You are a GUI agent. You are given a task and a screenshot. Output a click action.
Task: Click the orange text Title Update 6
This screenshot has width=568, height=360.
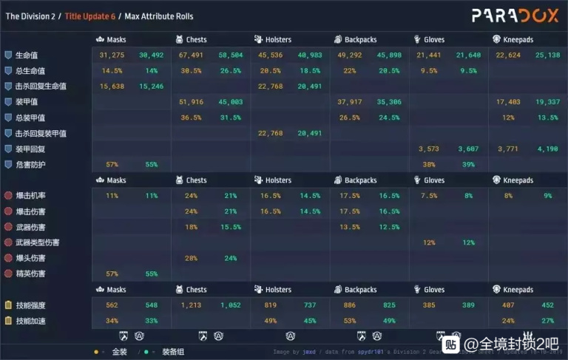point(89,16)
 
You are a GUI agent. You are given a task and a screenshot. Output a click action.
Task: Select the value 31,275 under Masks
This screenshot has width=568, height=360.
point(112,55)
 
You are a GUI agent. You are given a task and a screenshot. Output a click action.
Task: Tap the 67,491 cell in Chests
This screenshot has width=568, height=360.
point(192,55)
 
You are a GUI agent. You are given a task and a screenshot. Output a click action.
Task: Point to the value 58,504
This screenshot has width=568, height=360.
point(230,55)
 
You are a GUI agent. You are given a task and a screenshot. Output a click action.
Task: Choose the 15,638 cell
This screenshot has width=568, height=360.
point(112,86)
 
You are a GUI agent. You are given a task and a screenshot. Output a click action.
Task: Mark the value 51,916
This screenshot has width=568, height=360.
point(192,102)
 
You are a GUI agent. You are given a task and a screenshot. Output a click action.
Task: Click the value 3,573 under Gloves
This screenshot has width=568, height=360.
point(429,149)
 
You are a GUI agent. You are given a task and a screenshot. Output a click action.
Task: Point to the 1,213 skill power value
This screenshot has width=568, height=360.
point(192,305)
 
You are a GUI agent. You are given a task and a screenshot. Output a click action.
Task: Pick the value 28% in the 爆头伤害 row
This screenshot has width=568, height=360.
point(192,259)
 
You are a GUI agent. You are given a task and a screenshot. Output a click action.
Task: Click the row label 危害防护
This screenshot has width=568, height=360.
point(30,165)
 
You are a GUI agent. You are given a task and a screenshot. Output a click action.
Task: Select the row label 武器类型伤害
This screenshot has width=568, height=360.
point(38,242)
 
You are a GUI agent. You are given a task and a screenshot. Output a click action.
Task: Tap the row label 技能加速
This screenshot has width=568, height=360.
point(30,321)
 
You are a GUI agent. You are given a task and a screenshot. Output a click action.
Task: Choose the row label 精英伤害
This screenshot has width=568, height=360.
point(30,274)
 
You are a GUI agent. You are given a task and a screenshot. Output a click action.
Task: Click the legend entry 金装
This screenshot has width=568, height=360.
point(119,352)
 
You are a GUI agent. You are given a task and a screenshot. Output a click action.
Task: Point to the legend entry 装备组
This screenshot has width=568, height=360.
point(173,352)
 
